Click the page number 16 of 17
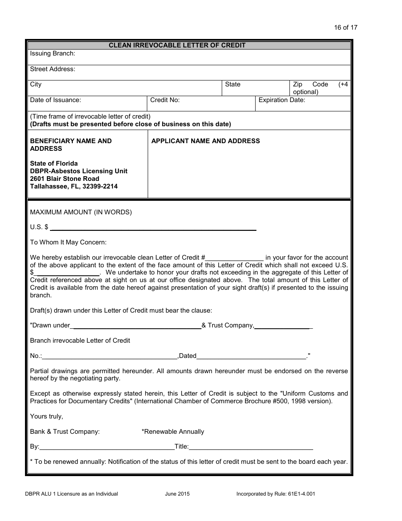345,28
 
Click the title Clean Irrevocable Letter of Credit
177,45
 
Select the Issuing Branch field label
52,53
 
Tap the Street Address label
52,69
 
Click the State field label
232,84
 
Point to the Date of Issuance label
55,100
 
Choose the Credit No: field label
165,100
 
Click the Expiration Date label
281,100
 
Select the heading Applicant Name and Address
206,141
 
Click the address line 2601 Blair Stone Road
65,179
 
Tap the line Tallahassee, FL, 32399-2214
74,186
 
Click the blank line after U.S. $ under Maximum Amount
153,229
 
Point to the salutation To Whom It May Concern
68,242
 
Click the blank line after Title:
251,448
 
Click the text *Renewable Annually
173,432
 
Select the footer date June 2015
177,494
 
